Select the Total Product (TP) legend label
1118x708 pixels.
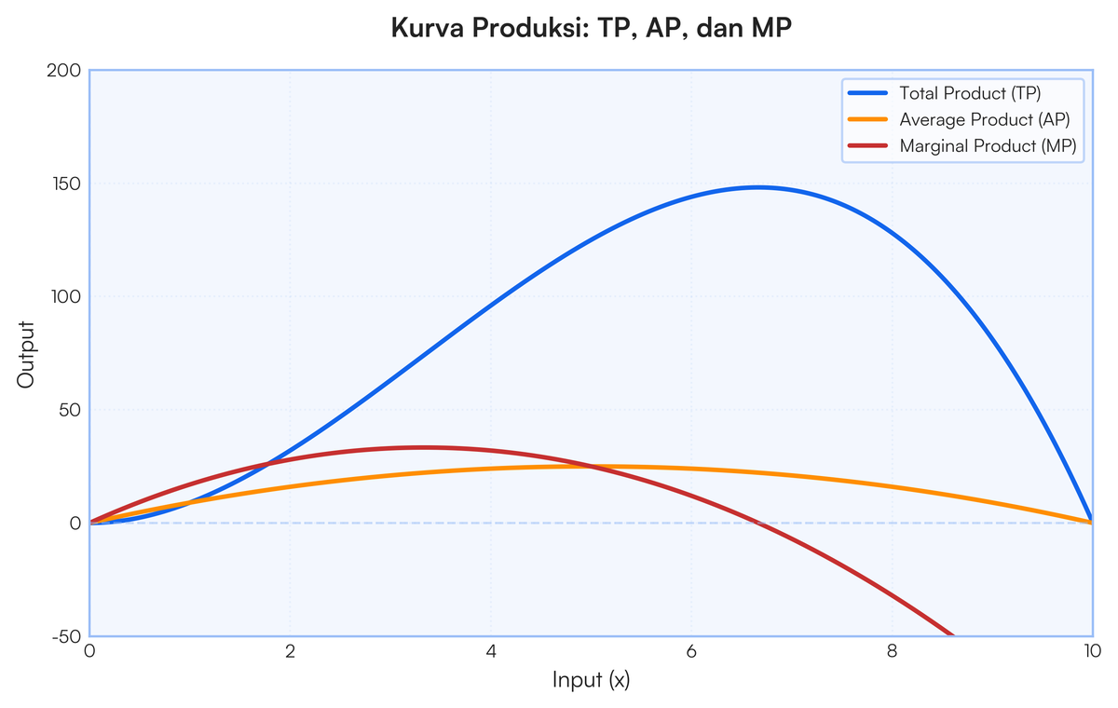[970, 93]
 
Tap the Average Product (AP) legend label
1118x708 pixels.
[985, 120]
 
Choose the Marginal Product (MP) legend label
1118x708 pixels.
[988, 146]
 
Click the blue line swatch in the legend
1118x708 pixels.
[868, 93]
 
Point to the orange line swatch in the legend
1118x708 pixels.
[868, 119]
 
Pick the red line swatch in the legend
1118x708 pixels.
[868, 145]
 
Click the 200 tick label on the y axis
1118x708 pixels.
[64, 71]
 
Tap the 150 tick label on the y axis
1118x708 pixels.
[66, 184]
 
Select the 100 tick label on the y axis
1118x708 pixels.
[66, 297]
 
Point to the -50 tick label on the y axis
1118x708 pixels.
[66, 637]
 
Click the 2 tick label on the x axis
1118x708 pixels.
[291, 651]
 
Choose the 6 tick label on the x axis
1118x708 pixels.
[691, 651]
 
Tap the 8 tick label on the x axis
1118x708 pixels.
[893, 651]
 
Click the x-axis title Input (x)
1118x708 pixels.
[592, 680]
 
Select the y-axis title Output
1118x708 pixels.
[25, 355]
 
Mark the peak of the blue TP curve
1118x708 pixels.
[758, 187]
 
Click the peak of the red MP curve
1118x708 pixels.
[424, 447]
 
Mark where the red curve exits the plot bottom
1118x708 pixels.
[952, 635]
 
